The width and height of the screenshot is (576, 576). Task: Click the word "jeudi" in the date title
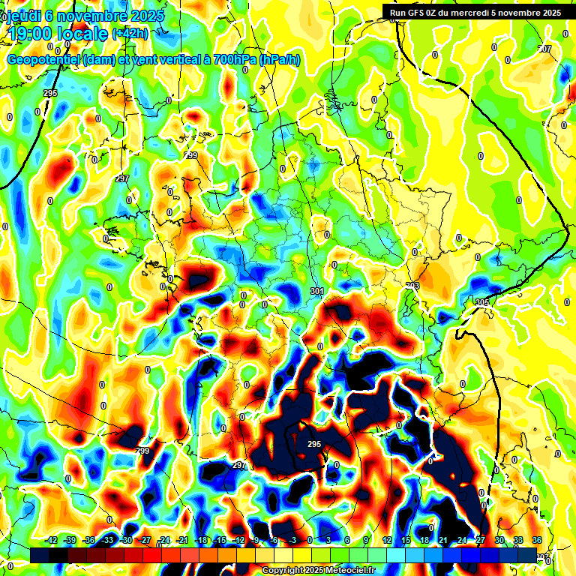tap(24, 16)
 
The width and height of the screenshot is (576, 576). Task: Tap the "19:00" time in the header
tap(32, 33)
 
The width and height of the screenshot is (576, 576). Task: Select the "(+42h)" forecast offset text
tap(130, 33)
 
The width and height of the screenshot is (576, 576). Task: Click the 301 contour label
tap(316, 290)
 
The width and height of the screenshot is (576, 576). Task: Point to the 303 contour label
tap(412, 286)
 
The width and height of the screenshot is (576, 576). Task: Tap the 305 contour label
tap(482, 301)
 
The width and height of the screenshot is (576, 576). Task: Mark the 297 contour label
tap(122, 179)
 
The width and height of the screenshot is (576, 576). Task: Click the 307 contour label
tap(544, 49)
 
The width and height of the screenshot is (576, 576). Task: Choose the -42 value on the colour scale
tap(52, 540)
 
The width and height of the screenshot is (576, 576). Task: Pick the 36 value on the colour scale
tap(537, 540)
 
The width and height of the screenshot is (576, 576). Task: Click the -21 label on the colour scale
tap(182, 540)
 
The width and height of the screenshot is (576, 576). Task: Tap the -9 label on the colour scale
tap(256, 540)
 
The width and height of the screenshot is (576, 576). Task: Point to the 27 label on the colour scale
tap(481, 540)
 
